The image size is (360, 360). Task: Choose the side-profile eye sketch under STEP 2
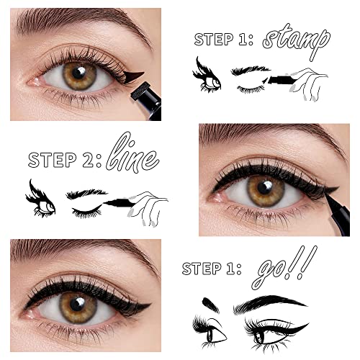40,199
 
